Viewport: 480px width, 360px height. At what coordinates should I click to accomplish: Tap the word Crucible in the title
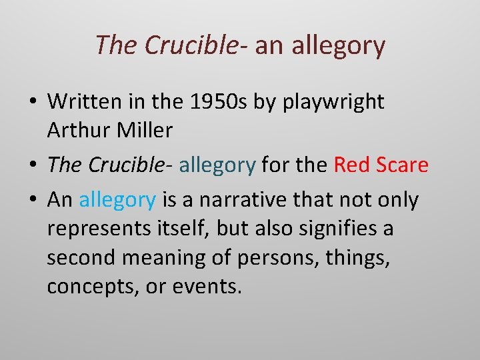[x=190, y=45]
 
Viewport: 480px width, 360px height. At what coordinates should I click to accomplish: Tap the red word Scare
[x=403, y=165]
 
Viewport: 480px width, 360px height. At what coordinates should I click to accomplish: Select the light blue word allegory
[x=117, y=199]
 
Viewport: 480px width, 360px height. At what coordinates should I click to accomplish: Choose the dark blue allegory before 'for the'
[x=217, y=165]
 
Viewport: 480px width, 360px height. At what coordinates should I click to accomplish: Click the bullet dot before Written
[x=32, y=102]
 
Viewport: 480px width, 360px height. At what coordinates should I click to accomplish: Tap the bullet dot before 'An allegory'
[x=32, y=200]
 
